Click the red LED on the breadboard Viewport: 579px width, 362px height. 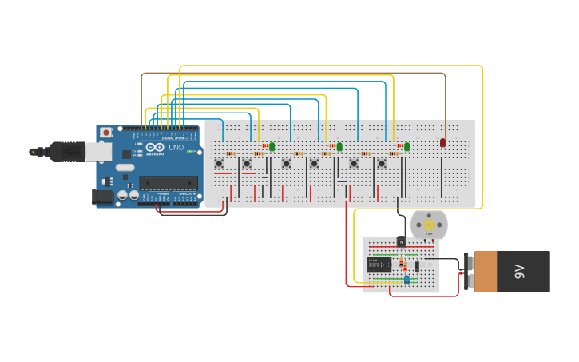tap(442, 142)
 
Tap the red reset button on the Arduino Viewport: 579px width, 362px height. tap(105, 133)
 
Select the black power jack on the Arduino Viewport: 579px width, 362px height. tap(104, 196)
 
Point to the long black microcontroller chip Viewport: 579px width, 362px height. tap(168, 183)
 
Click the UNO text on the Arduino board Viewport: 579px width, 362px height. tap(176, 148)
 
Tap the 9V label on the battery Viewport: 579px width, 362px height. tap(518, 271)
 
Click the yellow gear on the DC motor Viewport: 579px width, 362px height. tap(429, 225)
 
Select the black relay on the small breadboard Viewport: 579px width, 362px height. tap(379, 265)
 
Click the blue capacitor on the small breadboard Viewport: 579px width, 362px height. tap(407, 280)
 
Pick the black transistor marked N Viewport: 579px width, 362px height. tap(401, 241)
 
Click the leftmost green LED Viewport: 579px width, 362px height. tap(272, 146)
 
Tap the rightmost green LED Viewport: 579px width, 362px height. tap(406, 146)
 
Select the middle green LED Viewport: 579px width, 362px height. tap(339, 146)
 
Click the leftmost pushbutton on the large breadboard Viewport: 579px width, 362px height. tap(219, 164)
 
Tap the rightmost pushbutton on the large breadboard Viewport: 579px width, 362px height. tap(382, 164)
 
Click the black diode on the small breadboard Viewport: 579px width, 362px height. tap(417, 266)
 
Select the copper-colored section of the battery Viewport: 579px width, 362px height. tap(483, 271)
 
